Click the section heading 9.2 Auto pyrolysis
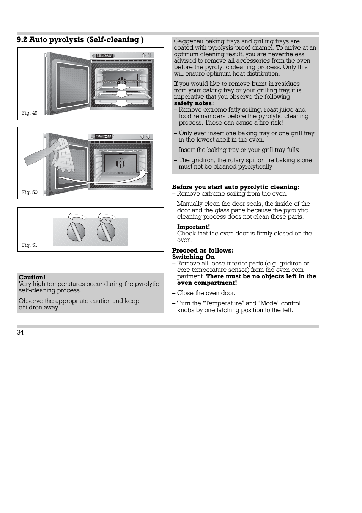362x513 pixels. coord(80,40)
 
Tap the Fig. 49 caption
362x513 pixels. coord(30,113)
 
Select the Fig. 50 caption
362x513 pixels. coord(30,193)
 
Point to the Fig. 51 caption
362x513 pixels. coord(30,245)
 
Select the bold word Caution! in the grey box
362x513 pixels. coord(32,278)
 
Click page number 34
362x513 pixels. coord(20,333)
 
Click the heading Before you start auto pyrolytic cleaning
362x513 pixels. coord(236,187)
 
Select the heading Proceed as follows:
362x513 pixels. coord(203,251)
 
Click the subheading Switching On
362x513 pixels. coord(193,257)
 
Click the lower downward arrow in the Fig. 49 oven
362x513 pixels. coord(121,103)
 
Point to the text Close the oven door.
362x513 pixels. coord(206,293)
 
